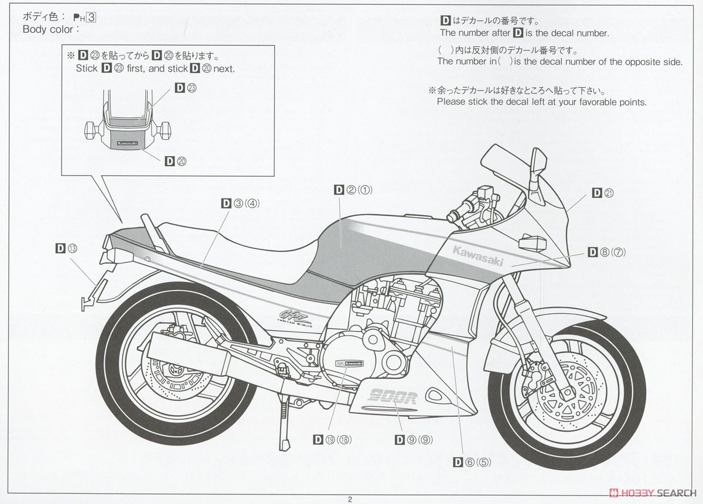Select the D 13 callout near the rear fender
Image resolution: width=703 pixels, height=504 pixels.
coord(66,248)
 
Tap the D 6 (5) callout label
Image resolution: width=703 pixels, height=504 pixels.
coord(473,461)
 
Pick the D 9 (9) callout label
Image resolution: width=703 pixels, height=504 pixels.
coord(413,439)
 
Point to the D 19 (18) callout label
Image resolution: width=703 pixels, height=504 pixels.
coord(332,439)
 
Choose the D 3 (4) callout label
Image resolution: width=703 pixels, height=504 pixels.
coord(240,203)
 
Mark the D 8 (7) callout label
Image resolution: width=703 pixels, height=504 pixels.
coord(607,252)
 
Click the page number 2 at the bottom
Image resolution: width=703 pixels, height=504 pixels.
coord(350,499)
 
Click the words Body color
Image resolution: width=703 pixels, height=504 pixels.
coord(48,29)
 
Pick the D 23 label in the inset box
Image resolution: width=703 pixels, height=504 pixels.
coord(186,88)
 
